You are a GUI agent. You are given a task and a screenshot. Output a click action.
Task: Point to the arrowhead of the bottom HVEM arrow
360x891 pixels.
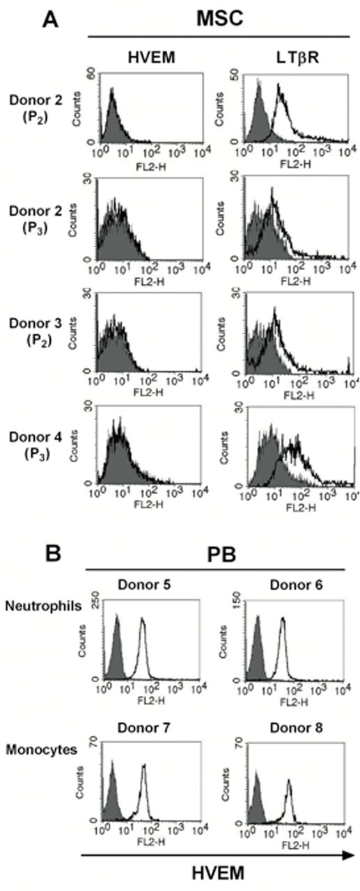[x=346, y=855]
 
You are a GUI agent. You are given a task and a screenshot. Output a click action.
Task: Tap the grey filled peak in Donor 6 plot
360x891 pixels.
[x=257, y=618]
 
